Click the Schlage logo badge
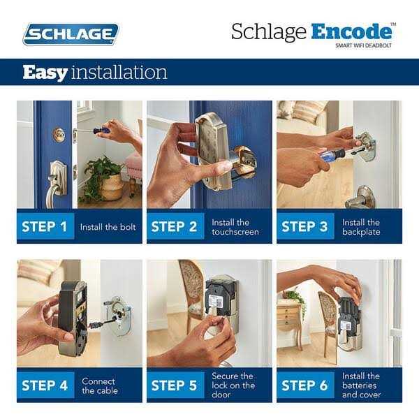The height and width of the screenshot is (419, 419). pyautogui.click(x=71, y=34)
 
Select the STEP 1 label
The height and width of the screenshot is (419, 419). pyautogui.click(x=45, y=227)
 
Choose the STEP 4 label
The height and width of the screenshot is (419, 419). pyautogui.click(x=45, y=385)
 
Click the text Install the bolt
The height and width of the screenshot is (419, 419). pyautogui.click(x=108, y=227)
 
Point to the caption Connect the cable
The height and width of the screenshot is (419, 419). pyautogui.click(x=98, y=385)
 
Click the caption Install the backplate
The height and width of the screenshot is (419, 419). pyautogui.click(x=361, y=227)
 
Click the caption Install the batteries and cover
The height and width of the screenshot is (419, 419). pyautogui.click(x=362, y=385)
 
